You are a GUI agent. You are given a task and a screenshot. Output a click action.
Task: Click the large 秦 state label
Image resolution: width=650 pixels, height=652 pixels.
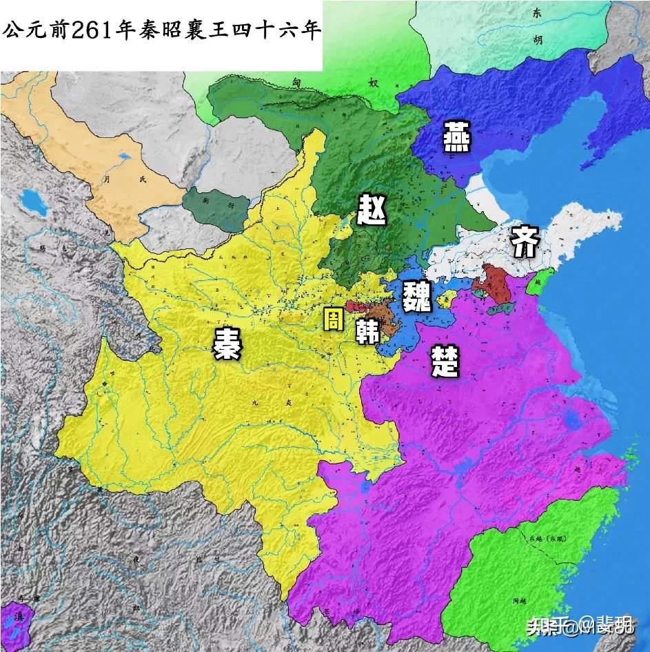(227, 343)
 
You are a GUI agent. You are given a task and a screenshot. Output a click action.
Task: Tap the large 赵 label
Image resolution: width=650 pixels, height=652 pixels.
(373, 209)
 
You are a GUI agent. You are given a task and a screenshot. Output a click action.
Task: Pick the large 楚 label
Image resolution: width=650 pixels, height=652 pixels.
(445, 361)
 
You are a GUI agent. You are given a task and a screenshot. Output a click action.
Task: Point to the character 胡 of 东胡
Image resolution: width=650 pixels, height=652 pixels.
(538, 39)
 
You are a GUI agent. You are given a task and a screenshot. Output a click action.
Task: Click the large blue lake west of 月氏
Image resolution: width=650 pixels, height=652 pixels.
(31, 200)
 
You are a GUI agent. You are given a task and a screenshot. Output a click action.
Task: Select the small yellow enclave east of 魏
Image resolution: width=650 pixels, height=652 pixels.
(448, 298)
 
